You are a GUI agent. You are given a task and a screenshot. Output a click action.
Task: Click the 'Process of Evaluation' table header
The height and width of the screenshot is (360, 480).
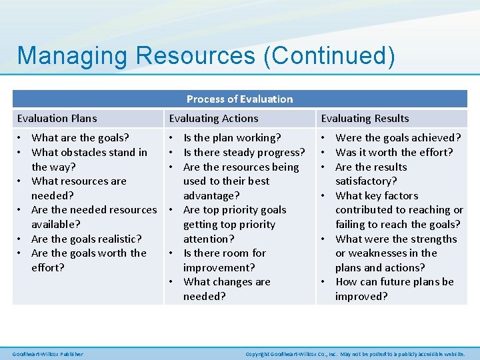(239, 99)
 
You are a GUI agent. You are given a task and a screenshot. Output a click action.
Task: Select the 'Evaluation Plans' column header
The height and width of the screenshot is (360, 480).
(57, 119)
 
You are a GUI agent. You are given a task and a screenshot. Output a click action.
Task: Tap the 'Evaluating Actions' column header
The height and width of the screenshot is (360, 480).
(213, 119)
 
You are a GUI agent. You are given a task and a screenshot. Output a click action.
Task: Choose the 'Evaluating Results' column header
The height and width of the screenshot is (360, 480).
(365, 119)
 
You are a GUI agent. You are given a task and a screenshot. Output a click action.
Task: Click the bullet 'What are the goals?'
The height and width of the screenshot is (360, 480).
(80, 138)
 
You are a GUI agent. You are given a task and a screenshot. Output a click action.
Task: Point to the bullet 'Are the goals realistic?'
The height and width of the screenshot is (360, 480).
(86, 239)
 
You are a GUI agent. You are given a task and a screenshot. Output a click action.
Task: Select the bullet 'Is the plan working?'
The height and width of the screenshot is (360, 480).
(232, 138)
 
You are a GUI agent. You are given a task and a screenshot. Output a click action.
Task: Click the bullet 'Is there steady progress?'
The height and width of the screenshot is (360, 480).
(244, 153)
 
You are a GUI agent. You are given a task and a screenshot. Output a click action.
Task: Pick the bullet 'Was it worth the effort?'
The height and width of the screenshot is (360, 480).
(394, 153)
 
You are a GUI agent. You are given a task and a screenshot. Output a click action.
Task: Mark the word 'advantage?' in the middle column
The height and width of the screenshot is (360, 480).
(211, 195)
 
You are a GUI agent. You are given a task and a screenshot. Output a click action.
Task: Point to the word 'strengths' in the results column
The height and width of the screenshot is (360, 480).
(434, 239)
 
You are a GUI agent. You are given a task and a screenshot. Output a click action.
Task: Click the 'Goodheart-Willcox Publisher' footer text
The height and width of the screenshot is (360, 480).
(48, 354)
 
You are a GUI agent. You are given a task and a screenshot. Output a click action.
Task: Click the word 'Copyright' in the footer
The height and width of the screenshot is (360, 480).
(257, 354)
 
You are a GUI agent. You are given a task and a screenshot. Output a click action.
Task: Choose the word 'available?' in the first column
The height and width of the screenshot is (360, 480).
(56, 224)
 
